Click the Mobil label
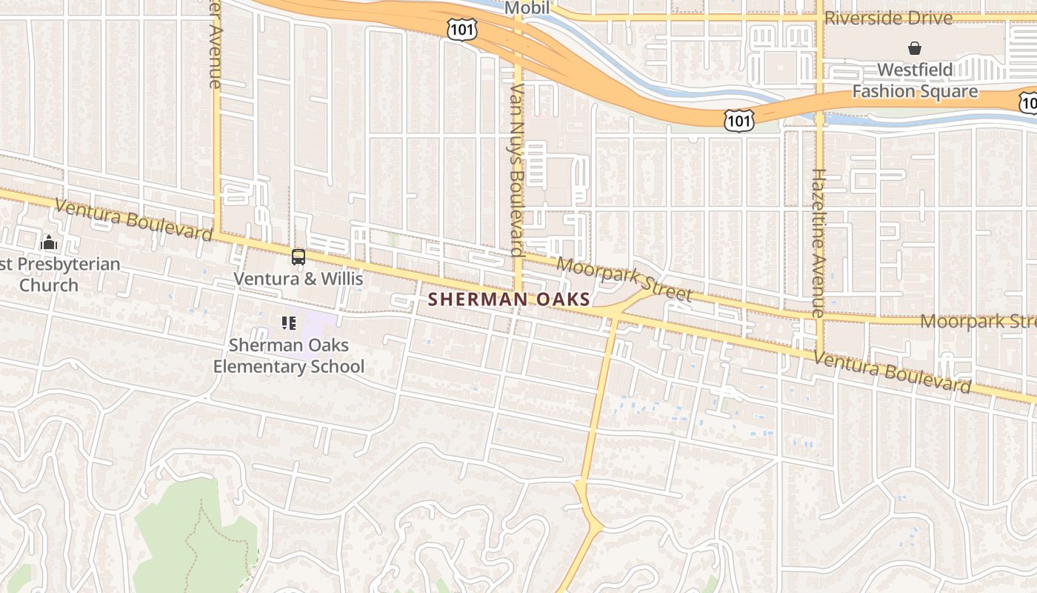527,8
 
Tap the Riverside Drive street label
888,19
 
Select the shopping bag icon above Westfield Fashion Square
915,49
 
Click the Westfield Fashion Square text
915,81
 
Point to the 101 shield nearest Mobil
462,30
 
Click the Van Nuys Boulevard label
517,169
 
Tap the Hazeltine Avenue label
818,242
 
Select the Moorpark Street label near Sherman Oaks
624,279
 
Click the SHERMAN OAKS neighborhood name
510,299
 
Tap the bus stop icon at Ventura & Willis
299,257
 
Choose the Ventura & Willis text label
299,279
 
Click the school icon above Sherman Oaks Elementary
289,323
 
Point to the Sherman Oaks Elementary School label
289,356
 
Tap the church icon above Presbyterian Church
49,242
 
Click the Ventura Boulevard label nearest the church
133,219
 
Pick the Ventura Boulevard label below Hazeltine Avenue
892,373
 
